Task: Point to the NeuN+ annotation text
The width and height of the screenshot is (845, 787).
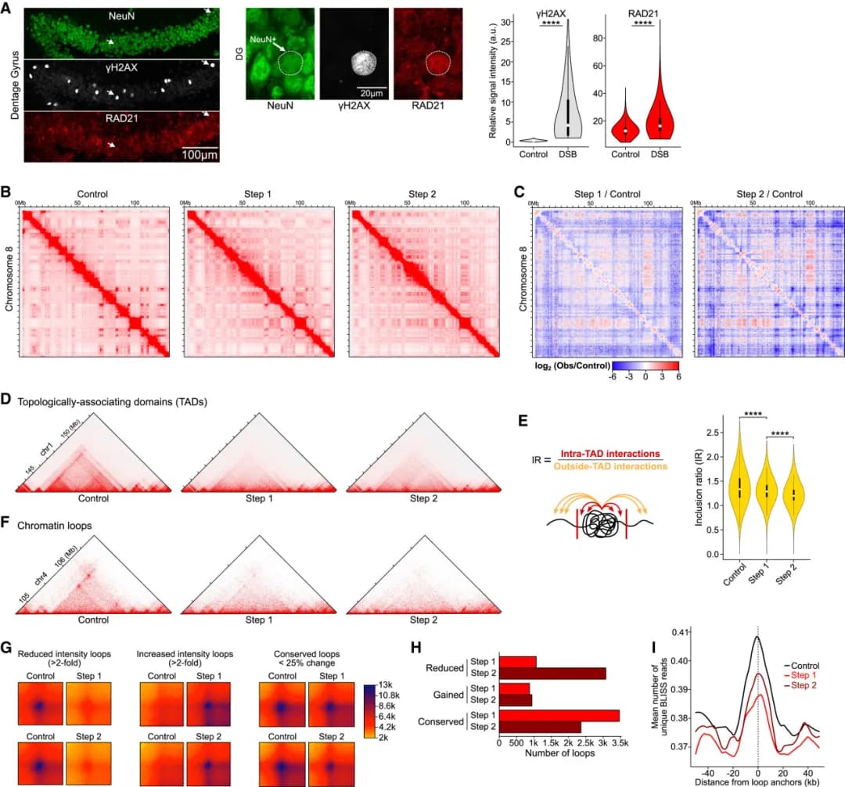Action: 263,37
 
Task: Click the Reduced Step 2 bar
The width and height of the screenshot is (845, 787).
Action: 552,673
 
